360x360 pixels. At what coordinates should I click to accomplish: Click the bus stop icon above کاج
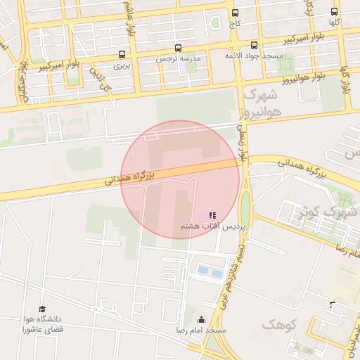click(x=235, y=13)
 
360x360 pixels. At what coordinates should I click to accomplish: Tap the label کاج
click(x=235, y=23)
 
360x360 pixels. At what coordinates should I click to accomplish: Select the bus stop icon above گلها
click(x=334, y=11)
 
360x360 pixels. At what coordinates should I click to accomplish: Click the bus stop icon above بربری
click(x=123, y=54)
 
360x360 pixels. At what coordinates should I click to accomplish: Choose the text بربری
click(x=123, y=65)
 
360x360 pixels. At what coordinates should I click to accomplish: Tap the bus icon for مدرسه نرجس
click(x=177, y=49)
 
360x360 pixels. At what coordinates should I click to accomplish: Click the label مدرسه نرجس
click(x=177, y=59)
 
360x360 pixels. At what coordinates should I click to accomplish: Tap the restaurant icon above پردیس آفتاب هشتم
click(x=212, y=214)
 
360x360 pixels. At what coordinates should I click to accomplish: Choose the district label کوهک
click(x=275, y=324)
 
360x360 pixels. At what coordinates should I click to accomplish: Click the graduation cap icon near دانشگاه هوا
click(x=41, y=309)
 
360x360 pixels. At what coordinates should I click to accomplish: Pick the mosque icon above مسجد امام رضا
click(x=202, y=320)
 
